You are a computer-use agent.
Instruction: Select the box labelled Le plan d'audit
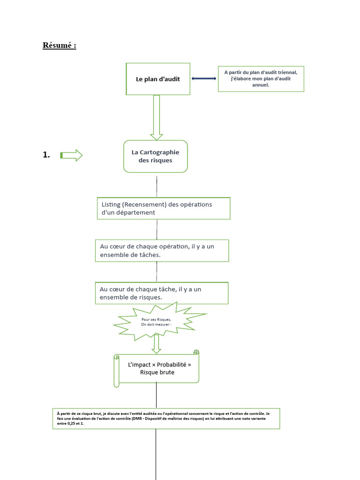pos(158,79)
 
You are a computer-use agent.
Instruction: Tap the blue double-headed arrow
pos(204,78)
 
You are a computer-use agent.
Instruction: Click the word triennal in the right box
pos(287,72)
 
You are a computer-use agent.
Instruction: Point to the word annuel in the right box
pos(261,85)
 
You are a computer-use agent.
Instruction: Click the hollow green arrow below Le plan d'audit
pos(157,118)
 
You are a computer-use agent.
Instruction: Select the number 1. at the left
pos(46,155)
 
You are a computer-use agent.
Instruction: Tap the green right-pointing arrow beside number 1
pos(71,155)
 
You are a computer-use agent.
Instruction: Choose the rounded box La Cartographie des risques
pos(156,157)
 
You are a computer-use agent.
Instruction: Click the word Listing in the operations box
pos(111,204)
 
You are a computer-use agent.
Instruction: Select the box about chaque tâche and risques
pos(162,293)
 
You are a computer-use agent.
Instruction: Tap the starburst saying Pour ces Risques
pos(160,322)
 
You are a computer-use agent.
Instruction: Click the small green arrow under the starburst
pos(157,344)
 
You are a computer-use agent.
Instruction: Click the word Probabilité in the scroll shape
pos(172,365)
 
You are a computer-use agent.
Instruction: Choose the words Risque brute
pos(157,372)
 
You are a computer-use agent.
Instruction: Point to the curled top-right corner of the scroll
pos(196,352)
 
